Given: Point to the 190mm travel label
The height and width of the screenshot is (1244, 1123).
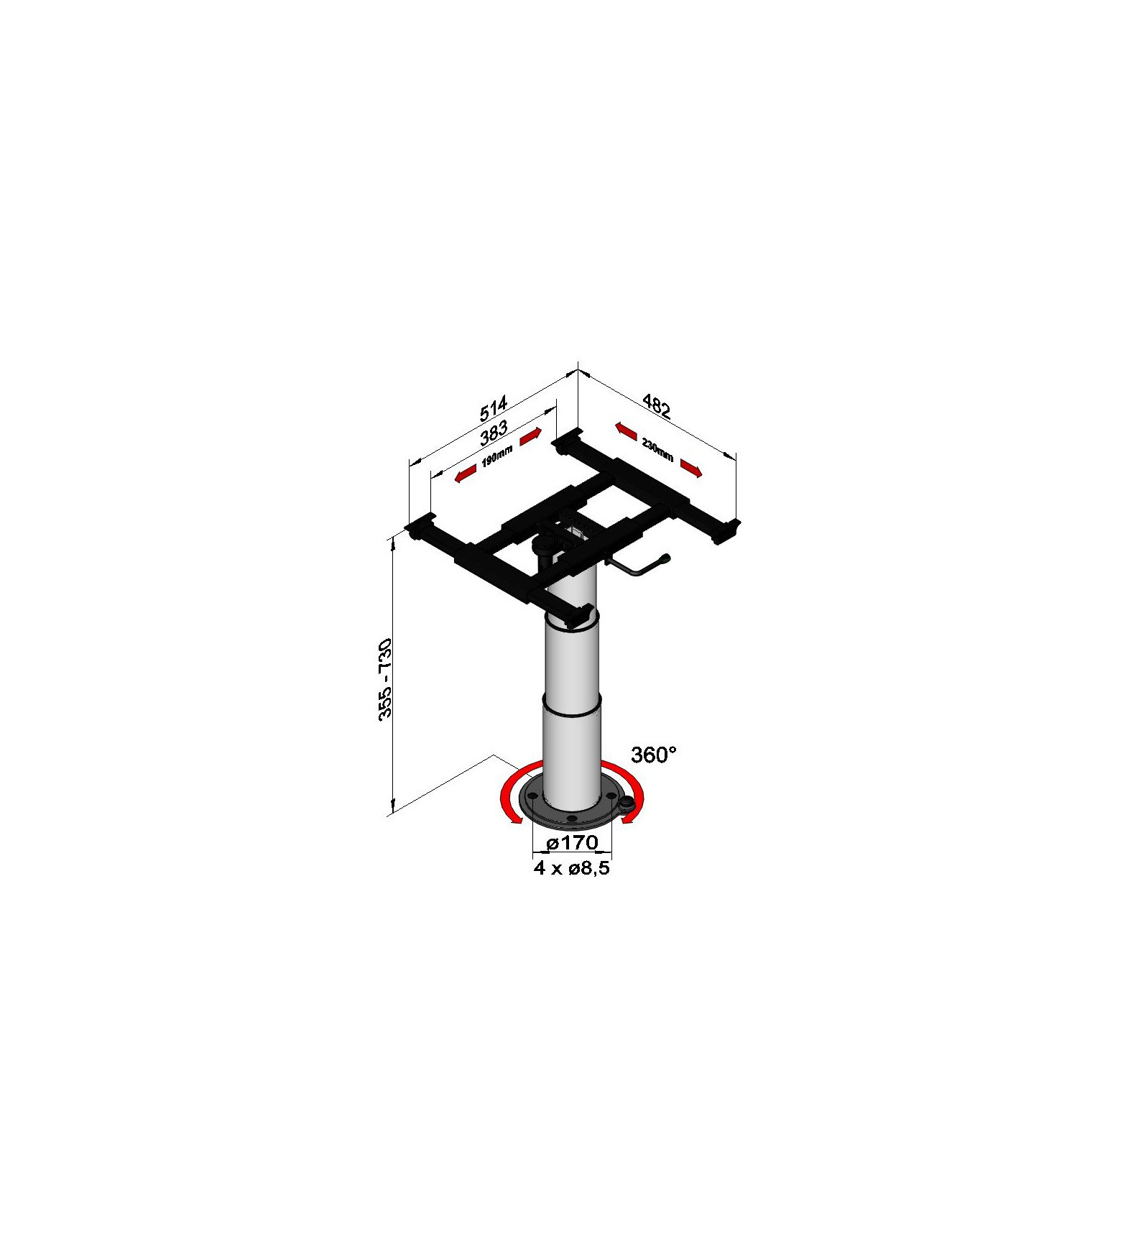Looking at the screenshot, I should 496,456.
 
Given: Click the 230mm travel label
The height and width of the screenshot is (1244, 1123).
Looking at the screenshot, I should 657,451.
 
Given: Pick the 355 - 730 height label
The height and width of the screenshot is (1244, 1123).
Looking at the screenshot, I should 385,678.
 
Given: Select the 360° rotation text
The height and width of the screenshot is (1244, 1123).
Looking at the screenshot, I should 653,755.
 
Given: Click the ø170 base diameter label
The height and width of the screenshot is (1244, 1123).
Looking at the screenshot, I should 572,842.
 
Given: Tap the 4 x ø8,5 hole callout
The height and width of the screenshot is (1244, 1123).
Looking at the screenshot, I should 572,868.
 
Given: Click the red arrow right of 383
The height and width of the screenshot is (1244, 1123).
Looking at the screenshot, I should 530,437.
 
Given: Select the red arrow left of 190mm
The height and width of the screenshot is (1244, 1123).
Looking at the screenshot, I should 466,474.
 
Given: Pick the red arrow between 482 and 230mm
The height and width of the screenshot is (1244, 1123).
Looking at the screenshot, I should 626,430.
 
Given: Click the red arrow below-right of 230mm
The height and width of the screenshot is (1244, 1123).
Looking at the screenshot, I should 690,468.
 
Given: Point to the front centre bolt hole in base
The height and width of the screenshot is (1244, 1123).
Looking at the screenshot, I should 570,819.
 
